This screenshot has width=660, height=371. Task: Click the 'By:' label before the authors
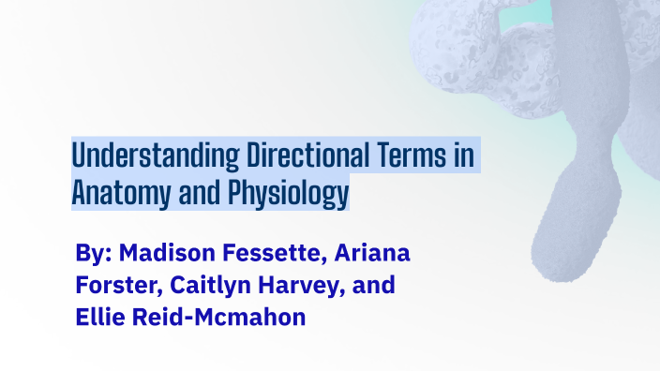(x=95, y=255)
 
